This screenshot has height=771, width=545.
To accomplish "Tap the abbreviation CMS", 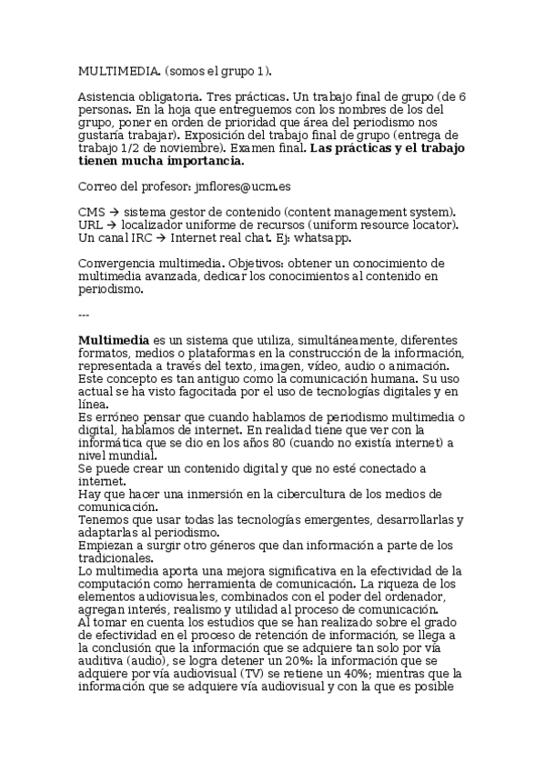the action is (x=92, y=212).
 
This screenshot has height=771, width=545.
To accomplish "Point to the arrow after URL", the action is (x=114, y=225).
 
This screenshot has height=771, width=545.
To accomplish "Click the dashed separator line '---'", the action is (x=84, y=315).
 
